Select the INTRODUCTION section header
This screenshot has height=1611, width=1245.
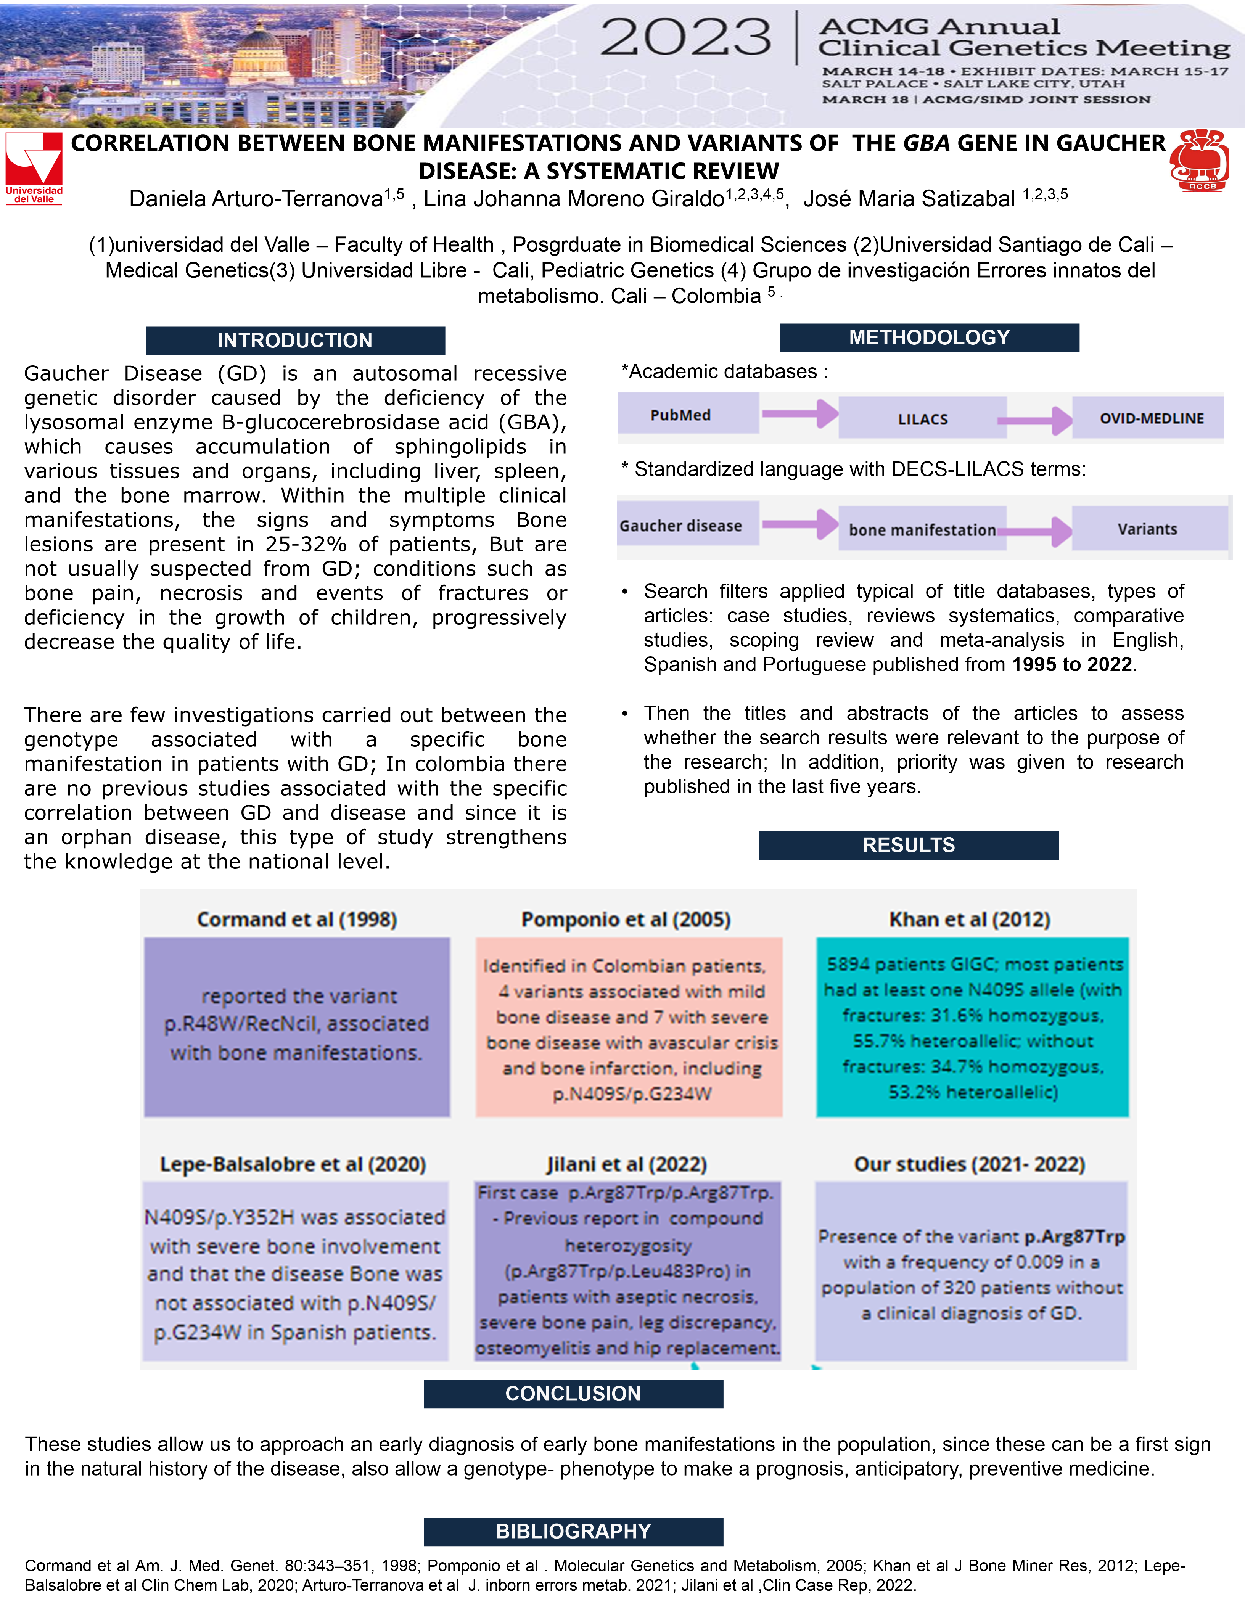[x=295, y=341]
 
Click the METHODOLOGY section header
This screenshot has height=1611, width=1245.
[x=929, y=338]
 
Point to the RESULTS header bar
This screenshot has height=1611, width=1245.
[x=909, y=845]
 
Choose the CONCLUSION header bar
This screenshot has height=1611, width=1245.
[x=573, y=1394]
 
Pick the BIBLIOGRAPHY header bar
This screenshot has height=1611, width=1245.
[x=573, y=1531]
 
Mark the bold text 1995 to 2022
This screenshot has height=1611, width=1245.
[x=1072, y=665]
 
